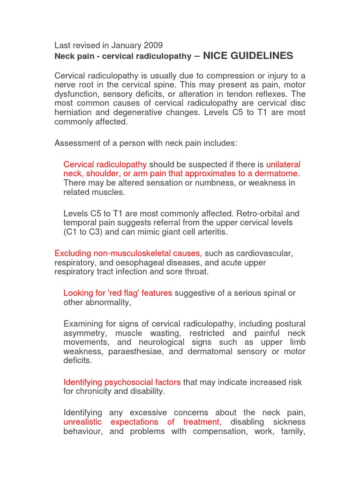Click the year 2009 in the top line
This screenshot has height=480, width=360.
[153, 45]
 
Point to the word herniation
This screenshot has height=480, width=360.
[74, 112]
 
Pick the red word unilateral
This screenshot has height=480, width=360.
[283, 165]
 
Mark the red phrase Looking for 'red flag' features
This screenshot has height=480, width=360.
[118, 293]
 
